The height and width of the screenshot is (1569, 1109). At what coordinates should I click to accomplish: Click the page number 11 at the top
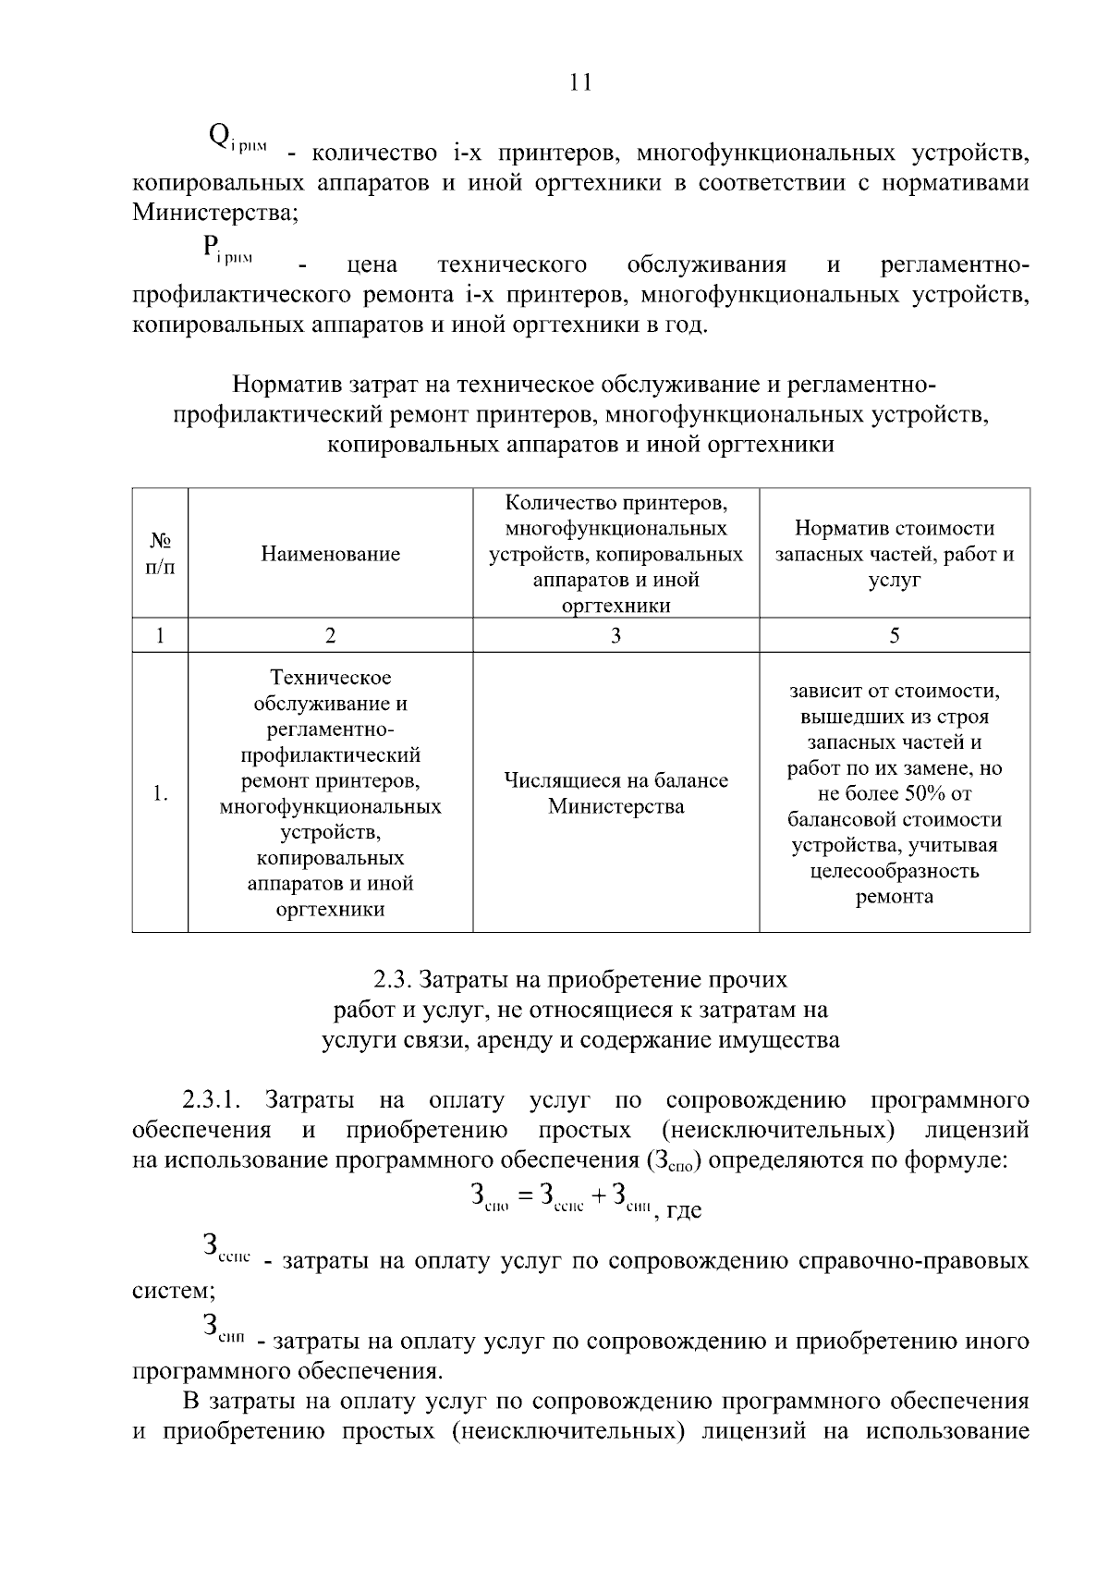(x=580, y=83)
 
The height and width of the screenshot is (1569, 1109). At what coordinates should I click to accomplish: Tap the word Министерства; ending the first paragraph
(x=215, y=214)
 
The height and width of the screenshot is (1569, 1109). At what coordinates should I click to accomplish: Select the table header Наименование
(x=330, y=554)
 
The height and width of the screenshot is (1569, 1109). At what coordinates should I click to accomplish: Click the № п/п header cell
(x=160, y=554)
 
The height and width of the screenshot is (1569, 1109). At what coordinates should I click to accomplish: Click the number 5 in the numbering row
(x=894, y=635)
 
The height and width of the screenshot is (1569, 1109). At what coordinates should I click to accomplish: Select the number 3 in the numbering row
(x=615, y=635)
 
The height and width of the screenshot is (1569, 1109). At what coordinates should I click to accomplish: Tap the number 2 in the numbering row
(x=330, y=635)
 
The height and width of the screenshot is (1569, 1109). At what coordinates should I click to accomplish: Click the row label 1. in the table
(x=160, y=793)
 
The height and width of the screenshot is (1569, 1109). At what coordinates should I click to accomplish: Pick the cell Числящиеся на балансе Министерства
(x=615, y=793)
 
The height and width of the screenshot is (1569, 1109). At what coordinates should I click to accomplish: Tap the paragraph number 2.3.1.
(x=212, y=1100)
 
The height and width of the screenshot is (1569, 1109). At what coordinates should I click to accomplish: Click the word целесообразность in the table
(x=894, y=871)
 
